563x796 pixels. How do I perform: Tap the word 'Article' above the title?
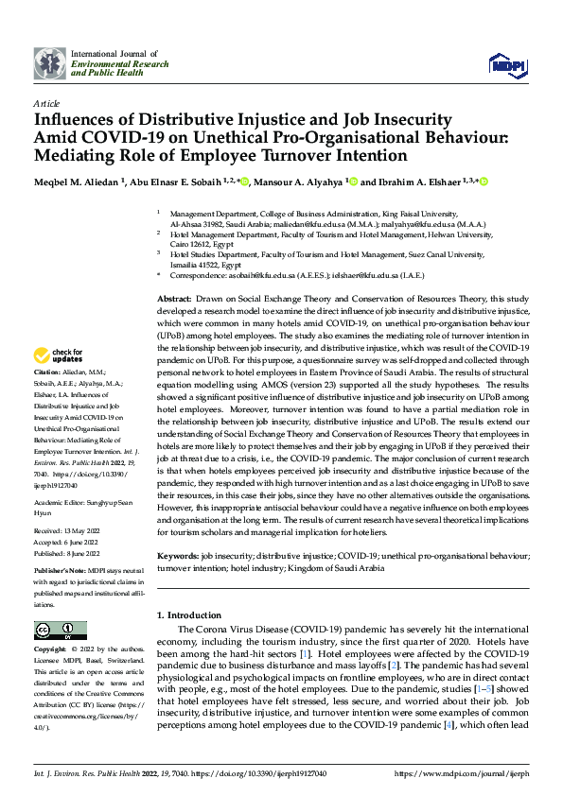(x=45, y=103)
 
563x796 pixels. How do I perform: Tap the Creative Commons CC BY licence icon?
(x=61, y=631)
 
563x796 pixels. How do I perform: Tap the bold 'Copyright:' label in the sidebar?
(x=50, y=650)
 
